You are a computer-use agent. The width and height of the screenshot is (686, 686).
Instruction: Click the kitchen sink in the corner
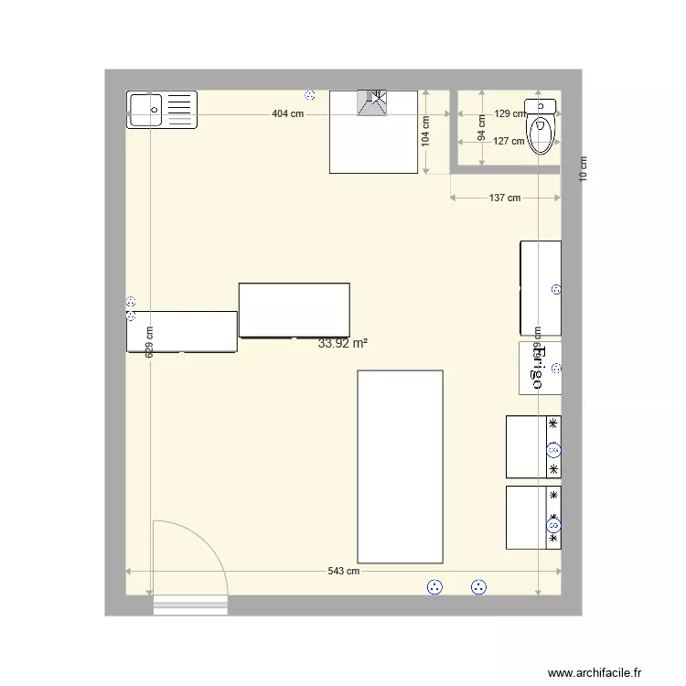point(162,110)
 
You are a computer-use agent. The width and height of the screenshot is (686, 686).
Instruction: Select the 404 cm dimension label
point(287,114)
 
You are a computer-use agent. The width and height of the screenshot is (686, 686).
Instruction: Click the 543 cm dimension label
point(343,572)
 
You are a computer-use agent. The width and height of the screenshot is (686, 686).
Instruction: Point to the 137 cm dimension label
point(504,198)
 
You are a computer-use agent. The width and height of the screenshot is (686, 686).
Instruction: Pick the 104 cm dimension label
point(424,132)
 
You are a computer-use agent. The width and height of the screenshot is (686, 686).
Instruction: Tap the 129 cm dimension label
point(510,114)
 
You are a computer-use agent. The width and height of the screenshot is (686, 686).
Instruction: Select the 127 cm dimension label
point(509,141)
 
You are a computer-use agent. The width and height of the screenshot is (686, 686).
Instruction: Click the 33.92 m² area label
point(343,344)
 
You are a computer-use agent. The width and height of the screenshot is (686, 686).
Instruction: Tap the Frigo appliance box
point(539,368)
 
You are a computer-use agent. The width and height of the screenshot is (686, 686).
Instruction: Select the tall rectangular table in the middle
point(400,466)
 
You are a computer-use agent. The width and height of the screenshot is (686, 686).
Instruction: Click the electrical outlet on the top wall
point(310,95)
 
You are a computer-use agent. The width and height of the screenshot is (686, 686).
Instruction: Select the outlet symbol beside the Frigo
point(556,370)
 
